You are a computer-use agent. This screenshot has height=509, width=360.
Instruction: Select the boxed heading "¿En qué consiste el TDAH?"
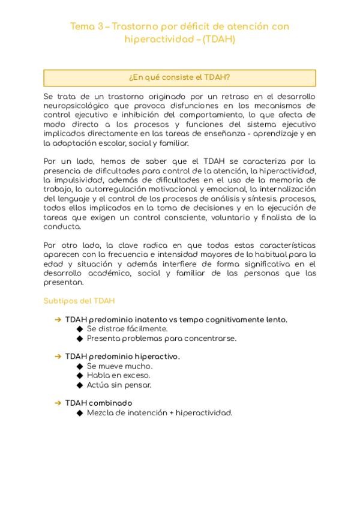(179, 78)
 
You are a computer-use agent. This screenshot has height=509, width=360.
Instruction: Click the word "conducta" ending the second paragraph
(62, 227)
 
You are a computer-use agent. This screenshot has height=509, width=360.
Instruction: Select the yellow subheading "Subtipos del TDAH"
(79, 301)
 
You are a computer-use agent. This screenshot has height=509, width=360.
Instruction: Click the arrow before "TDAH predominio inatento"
(58, 320)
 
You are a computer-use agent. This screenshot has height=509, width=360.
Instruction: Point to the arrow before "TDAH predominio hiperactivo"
(58, 357)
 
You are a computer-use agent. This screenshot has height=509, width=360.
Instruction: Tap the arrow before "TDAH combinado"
(58, 403)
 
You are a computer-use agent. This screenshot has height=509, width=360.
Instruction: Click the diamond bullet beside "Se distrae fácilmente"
(80, 329)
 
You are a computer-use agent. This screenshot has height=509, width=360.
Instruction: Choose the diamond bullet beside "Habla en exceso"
(80, 375)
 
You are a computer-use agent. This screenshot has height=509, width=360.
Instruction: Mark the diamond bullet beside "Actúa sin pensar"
(80, 385)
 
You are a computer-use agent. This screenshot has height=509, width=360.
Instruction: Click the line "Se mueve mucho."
(119, 366)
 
